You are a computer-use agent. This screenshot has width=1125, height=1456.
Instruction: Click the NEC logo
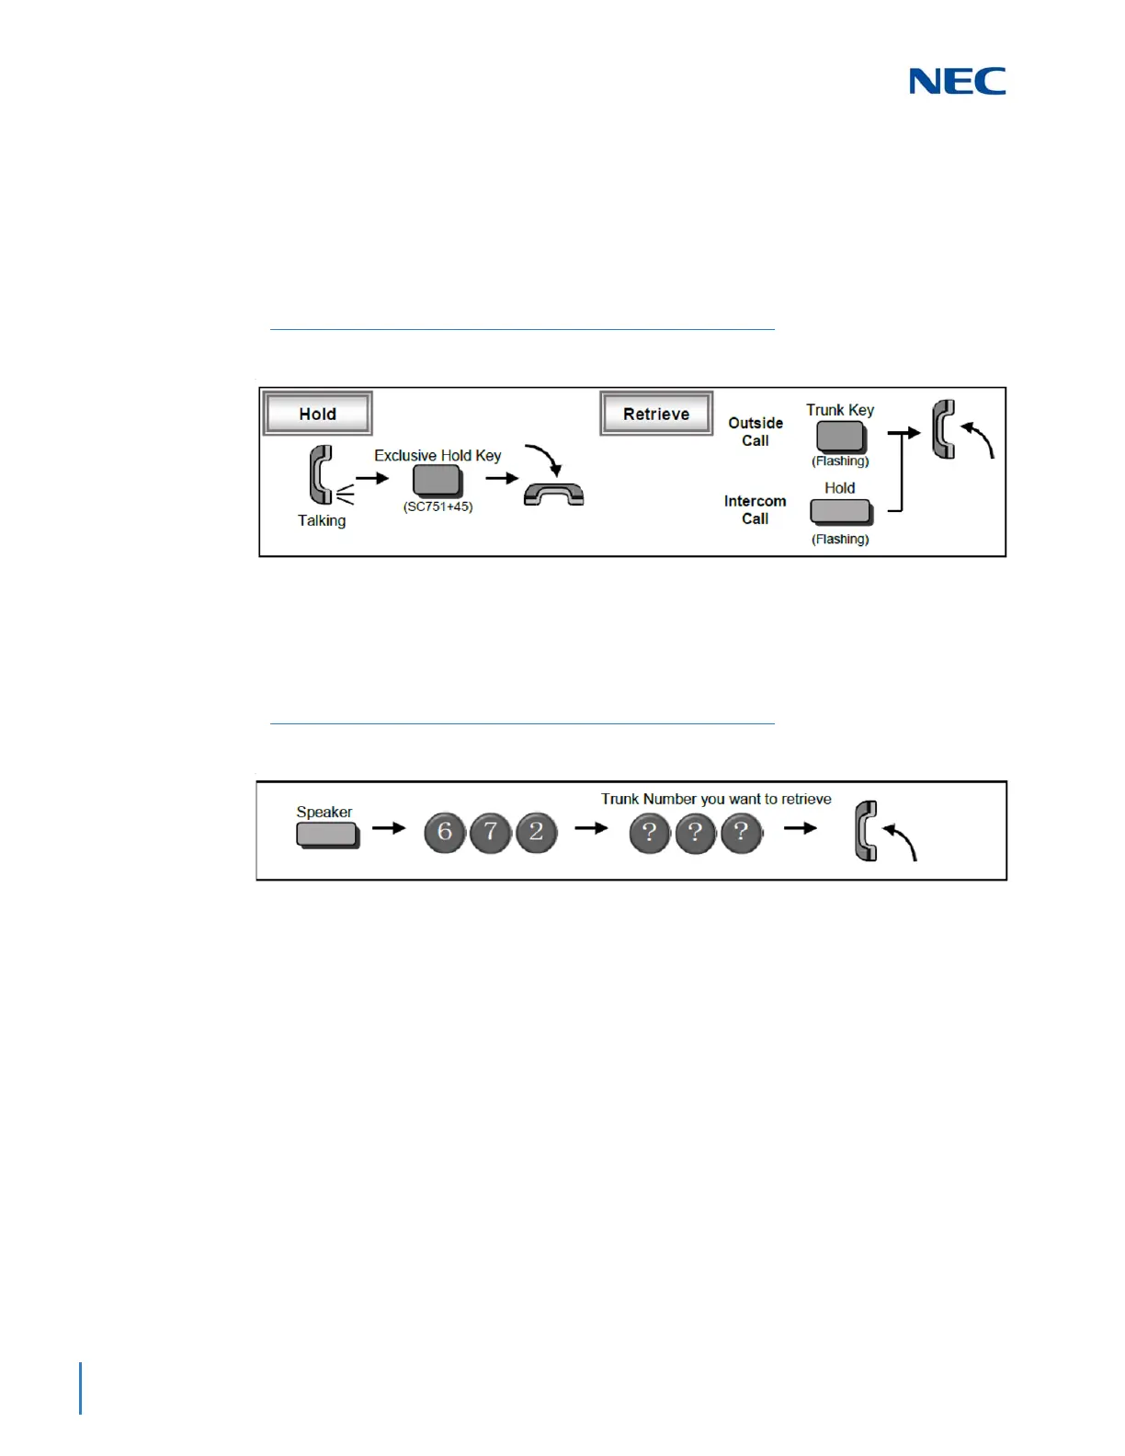[x=957, y=82]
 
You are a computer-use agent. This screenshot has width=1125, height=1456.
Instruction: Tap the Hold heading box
[x=318, y=414]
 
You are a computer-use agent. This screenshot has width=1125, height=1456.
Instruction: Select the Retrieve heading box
[x=656, y=414]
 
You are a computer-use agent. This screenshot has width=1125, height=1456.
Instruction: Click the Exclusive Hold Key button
[x=437, y=480]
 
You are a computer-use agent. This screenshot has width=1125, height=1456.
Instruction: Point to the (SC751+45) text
[x=437, y=506]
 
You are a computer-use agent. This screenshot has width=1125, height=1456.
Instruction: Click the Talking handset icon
[x=322, y=475]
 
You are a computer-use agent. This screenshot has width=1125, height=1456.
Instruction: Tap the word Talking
[x=322, y=520]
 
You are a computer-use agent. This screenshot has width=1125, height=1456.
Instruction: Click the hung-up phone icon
[x=553, y=495]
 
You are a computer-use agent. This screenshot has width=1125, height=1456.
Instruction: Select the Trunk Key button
[x=840, y=436]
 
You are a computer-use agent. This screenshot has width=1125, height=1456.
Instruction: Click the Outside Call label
[x=756, y=431]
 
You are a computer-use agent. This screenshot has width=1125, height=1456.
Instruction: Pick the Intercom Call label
[x=756, y=509]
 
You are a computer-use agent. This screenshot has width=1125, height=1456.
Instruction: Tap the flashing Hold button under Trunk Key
[x=840, y=511]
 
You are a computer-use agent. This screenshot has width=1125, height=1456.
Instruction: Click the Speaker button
[x=326, y=834]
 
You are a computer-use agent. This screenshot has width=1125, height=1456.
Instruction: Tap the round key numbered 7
[x=491, y=833]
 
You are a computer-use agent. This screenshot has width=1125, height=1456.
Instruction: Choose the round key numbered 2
[x=537, y=833]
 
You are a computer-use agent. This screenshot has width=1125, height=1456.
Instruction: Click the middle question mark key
[x=696, y=833]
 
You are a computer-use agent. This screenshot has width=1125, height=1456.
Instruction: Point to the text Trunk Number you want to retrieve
[x=716, y=799]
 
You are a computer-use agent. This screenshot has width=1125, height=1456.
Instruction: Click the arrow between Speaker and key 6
[x=389, y=828]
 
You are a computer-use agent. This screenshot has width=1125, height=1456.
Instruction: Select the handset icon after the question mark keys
[x=867, y=831]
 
